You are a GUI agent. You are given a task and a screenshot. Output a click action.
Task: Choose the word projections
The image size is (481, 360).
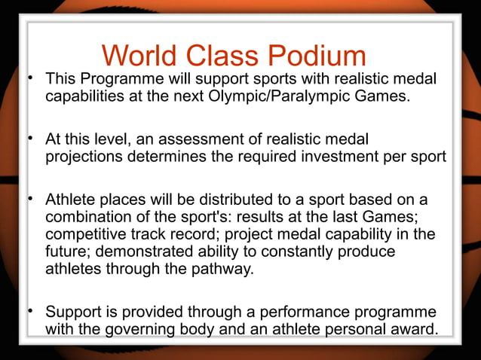pyautogui.click(x=84, y=157)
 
